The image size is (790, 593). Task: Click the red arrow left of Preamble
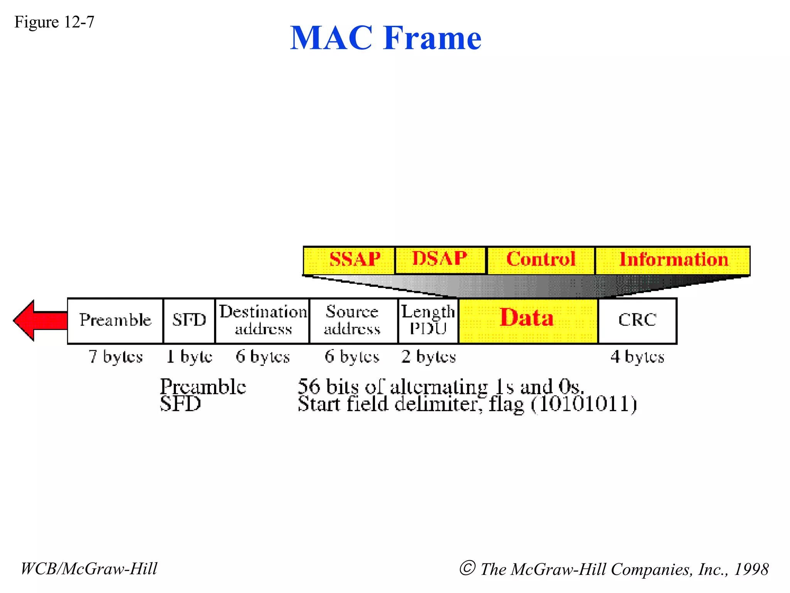point(39,320)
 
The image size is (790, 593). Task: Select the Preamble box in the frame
point(115,320)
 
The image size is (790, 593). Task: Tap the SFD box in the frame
point(189,320)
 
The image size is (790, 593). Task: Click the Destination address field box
point(262,320)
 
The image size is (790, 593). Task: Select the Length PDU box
point(428,320)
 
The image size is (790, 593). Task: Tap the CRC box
point(637,320)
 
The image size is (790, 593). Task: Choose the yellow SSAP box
point(349,260)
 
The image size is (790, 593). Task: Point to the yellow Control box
point(541,260)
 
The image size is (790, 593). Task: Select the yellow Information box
point(673,260)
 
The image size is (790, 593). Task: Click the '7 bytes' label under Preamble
point(115,357)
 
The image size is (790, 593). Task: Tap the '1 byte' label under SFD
point(189,357)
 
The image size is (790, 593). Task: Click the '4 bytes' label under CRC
point(637,357)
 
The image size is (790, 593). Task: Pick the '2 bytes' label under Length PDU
point(428,357)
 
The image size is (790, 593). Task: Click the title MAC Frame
point(385,38)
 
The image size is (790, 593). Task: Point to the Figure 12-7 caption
point(54,22)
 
